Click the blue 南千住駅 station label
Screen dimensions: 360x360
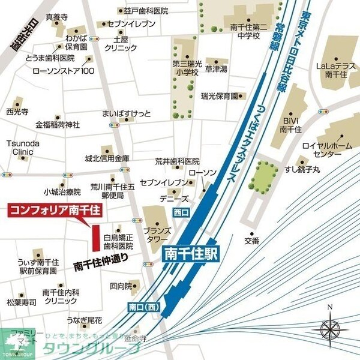192,255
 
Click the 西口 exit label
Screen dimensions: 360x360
181,212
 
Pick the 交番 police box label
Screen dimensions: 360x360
252,241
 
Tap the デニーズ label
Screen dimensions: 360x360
174,199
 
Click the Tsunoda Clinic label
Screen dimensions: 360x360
19,148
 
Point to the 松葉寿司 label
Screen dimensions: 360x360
22,302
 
